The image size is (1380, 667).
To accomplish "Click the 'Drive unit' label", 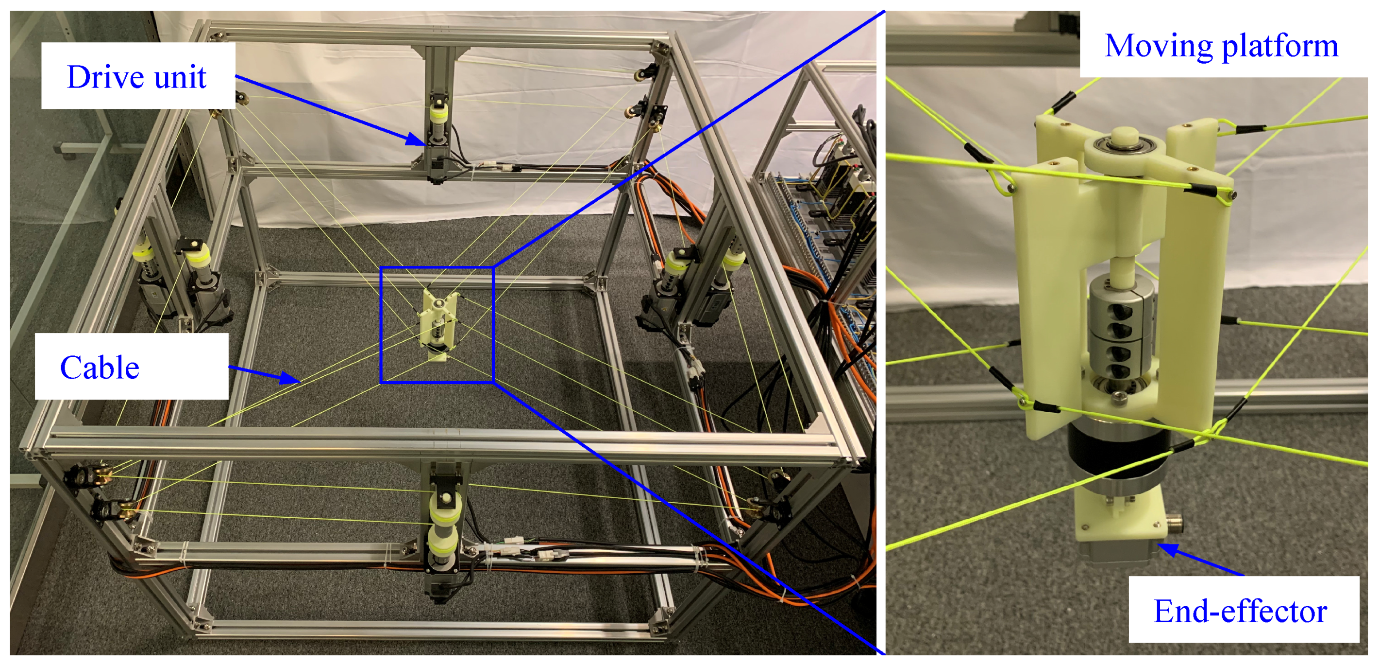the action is [136, 77].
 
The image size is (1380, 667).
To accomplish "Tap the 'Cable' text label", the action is [100, 367].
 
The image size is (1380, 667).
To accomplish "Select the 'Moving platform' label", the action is [1221, 46].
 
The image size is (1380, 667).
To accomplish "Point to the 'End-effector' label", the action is [1240, 611].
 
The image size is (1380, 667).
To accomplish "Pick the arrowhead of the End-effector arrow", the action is [1168, 549].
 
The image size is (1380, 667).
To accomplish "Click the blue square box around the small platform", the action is [381, 324].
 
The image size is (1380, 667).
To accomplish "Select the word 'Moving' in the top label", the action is [1159, 46].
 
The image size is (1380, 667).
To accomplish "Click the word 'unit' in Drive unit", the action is [181, 77].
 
